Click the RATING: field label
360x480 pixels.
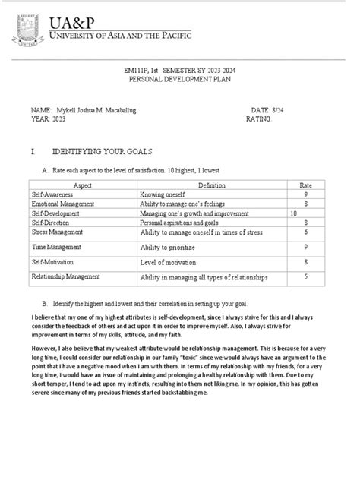[x=260, y=120]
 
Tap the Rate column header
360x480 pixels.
[x=305, y=185]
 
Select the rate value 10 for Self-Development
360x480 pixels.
[x=294, y=213]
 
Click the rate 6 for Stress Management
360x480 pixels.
[x=305, y=232]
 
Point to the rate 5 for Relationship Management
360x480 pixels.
[x=305, y=277]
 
